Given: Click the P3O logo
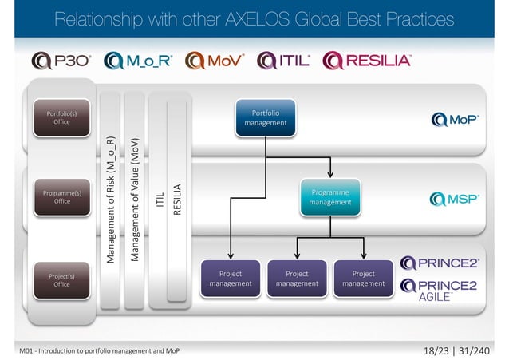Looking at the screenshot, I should tap(63, 61).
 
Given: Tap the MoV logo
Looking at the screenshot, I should tap(215, 61).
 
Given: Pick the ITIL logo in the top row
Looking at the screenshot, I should tap(284, 61).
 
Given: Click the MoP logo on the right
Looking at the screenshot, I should tap(454, 119).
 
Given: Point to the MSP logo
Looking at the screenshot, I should tap(454, 199).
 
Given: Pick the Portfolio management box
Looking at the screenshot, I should tap(266, 118).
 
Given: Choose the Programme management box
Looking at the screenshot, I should tap(330, 198).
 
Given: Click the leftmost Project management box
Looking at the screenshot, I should tap(231, 278).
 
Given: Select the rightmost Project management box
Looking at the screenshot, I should tap(363, 278).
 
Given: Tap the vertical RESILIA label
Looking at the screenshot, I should tap(178, 200).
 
